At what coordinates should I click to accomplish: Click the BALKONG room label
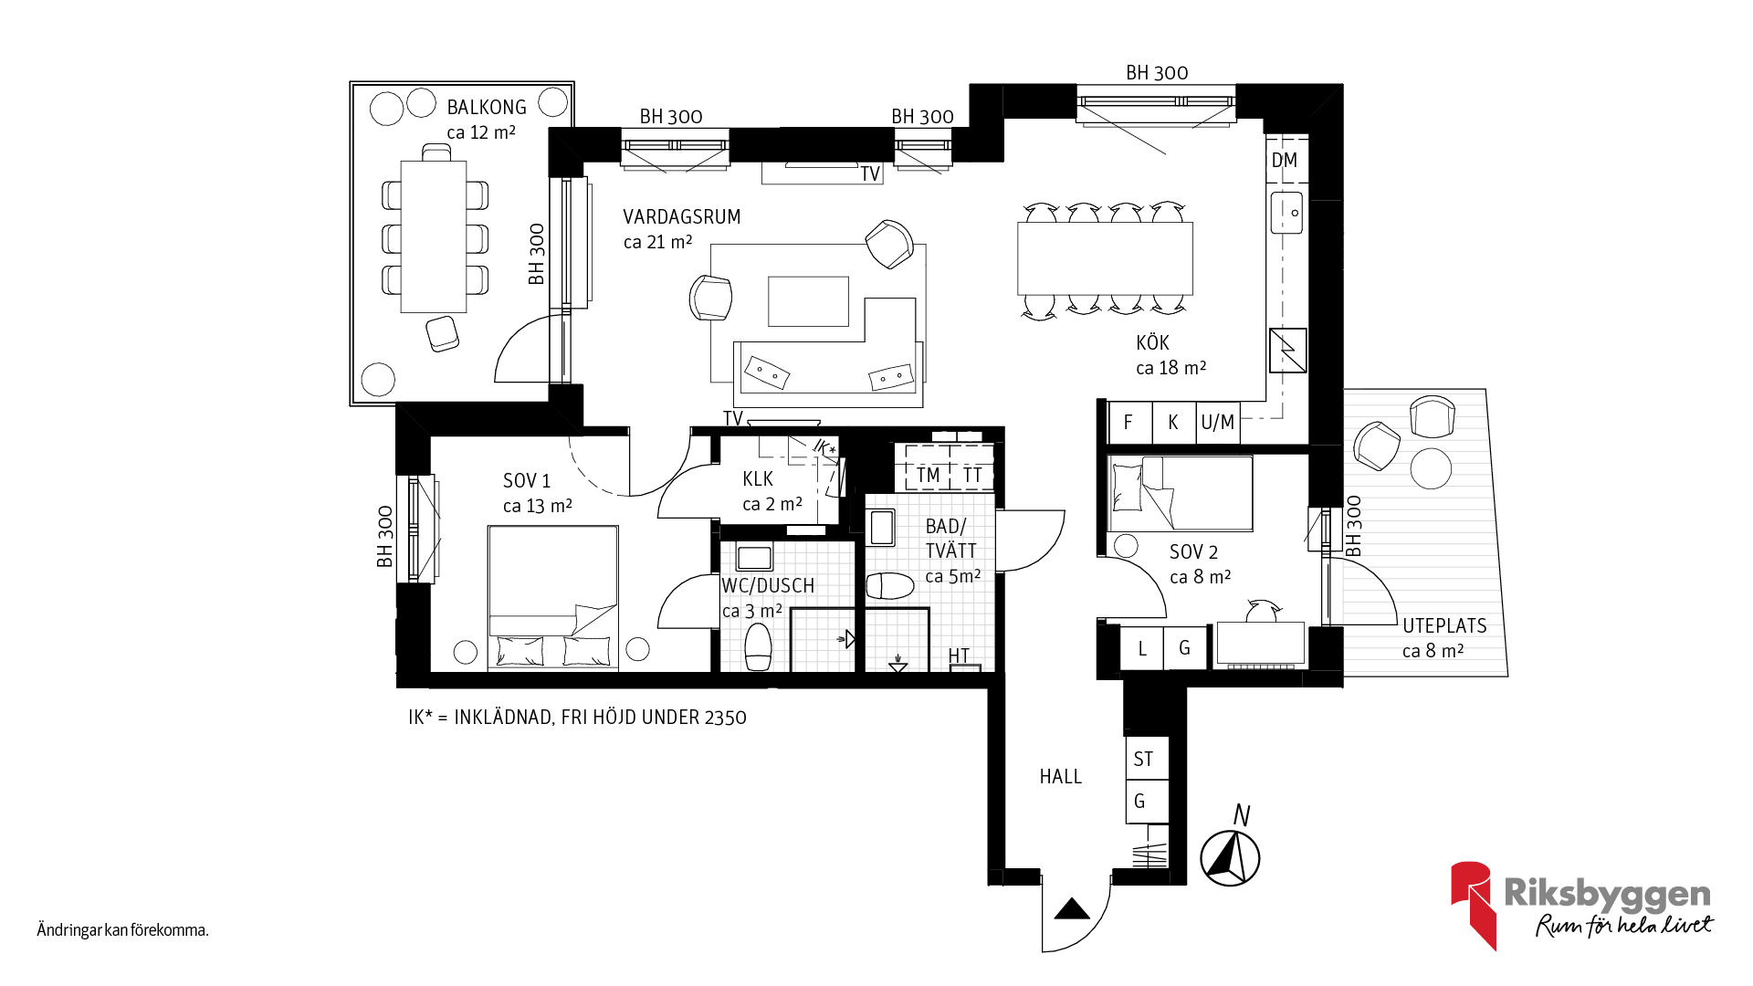tap(487, 108)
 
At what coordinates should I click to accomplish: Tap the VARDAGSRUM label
tap(682, 217)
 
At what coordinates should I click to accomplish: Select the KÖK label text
tap(1152, 342)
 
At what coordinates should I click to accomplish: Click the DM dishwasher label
tap(1285, 161)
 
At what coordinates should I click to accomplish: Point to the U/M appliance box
tap(1218, 423)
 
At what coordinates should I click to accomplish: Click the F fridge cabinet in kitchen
tap(1129, 423)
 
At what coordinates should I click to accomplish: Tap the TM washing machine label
tap(929, 476)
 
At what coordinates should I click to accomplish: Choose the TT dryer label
tap(972, 476)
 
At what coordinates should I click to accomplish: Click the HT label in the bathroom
tap(959, 656)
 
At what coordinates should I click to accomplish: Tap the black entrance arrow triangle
tap(1072, 908)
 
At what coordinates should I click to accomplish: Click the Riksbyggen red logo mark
tap(1473, 905)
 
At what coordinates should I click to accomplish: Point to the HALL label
tap(1060, 777)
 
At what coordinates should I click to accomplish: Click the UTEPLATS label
tap(1444, 626)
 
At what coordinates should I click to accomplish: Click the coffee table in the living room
tap(808, 301)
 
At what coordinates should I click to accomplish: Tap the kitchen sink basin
tap(1286, 213)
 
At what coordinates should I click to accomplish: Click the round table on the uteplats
tap(1431, 469)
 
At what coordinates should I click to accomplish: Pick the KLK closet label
tap(758, 479)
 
